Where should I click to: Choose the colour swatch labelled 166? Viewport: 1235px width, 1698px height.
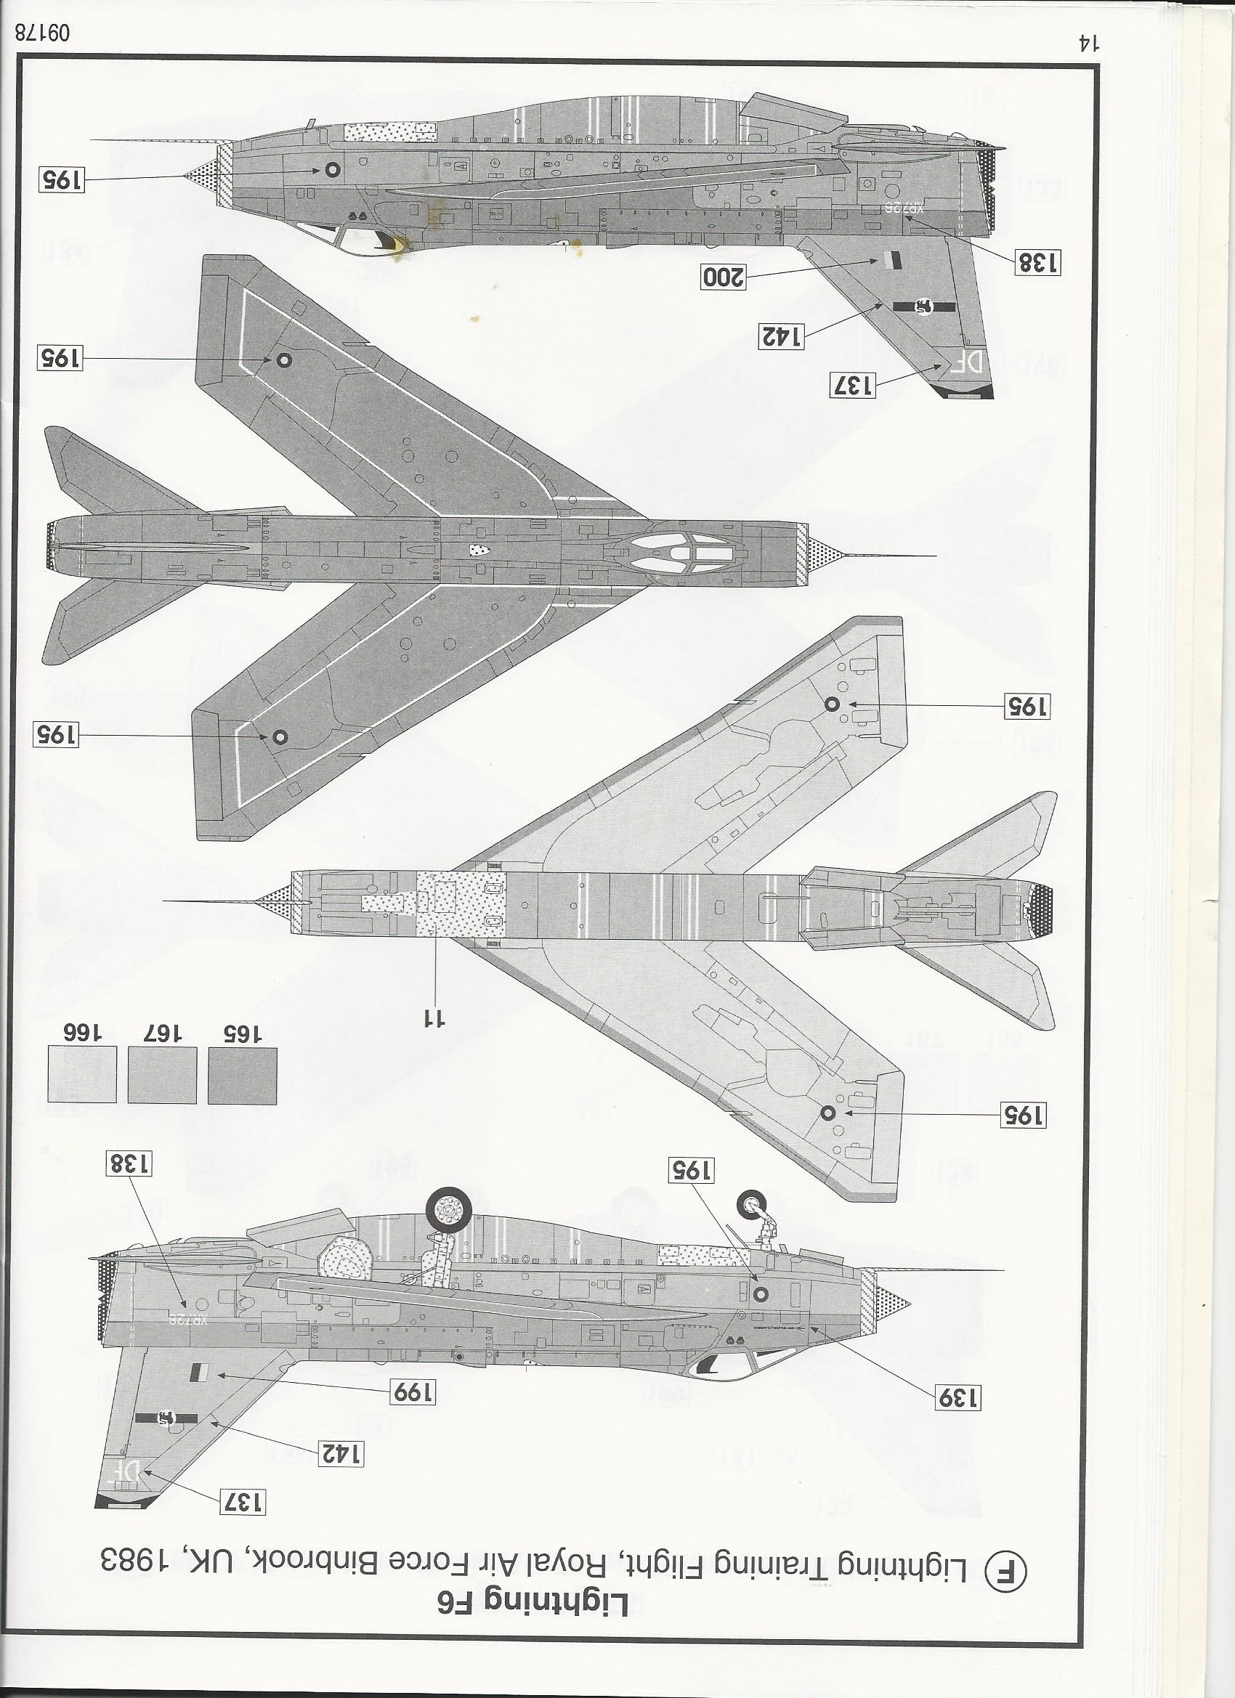point(82,1074)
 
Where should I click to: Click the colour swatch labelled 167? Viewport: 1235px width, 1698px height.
point(163,1074)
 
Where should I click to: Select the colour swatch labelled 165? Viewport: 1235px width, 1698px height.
point(243,1074)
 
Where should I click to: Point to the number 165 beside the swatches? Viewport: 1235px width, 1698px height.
point(243,1034)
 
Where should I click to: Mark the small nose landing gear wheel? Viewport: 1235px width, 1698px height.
point(751,1206)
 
